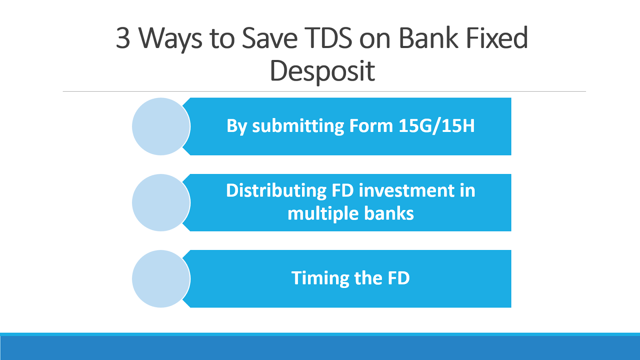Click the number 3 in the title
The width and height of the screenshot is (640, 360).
click(x=123, y=38)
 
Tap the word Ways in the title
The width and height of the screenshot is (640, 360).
click(x=170, y=40)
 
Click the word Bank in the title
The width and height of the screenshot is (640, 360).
click(x=428, y=38)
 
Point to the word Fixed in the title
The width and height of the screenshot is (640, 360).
click(x=497, y=38)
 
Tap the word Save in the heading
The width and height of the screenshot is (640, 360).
click(x=270, y=38)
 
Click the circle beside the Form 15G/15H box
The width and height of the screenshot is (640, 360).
click(x=161, y=126)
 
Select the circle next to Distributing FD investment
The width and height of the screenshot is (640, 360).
click(x=161, y=202)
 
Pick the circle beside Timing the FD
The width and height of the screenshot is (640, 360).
click(x=161, y=279)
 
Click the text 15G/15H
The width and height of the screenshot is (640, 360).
click(x=436, y=126)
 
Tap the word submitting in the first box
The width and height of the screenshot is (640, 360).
click(x=298, y=126)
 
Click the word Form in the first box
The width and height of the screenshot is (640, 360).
click(x=371, y=126)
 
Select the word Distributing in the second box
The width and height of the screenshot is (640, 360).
click(x=276, y=191)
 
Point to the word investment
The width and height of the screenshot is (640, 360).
click(x=407, y=191)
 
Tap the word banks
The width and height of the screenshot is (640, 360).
click(x=389, y=213)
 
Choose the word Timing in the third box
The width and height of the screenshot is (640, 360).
click(x=320, y=278)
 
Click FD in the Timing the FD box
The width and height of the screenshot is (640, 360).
click(x=399, y=278)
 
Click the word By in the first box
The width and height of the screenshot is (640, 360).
click(x=236, y=126)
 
